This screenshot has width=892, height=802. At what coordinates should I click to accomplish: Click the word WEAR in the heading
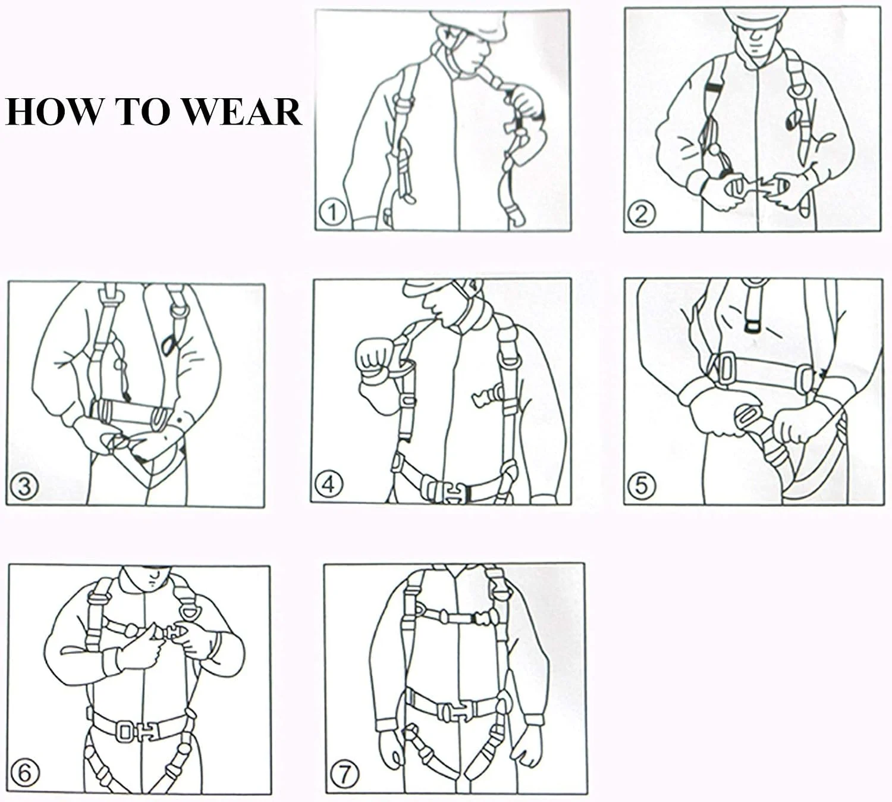[243, 112]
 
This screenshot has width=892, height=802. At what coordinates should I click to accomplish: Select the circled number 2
[641, 215]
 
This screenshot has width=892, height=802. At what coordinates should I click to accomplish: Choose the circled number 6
[25, 773]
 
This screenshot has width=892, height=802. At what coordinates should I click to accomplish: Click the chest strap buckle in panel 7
[481, 618]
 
